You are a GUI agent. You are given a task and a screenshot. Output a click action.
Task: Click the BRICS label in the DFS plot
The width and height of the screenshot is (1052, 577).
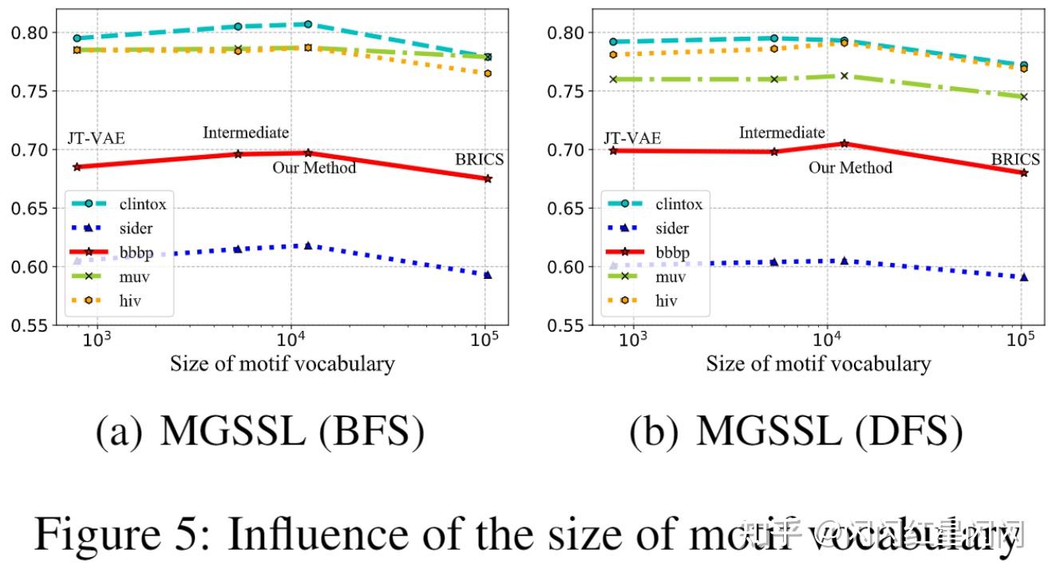coord(1015,159)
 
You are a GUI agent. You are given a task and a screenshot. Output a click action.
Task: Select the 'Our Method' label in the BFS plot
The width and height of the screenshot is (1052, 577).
coord(314,168)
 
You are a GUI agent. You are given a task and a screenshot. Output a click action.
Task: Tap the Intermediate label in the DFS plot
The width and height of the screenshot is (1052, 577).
coord(781,133)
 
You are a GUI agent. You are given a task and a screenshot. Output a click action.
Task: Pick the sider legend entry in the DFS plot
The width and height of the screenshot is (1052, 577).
coord(672,229)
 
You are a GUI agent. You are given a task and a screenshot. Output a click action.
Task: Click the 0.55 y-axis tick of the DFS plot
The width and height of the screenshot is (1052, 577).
coord(569,325)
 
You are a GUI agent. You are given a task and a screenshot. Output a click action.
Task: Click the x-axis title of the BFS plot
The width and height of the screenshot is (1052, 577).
coord(282,364)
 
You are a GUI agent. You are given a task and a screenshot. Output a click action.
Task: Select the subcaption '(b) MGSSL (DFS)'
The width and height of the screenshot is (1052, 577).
coord(795,432)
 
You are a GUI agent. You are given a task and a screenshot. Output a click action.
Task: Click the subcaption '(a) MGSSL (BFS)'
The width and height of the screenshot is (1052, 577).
coord(259,432)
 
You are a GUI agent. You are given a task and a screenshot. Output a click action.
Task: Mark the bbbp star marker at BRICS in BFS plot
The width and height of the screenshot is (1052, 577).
coord(487,178)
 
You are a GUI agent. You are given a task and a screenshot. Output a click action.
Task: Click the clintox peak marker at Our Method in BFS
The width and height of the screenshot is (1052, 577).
coord(308,25)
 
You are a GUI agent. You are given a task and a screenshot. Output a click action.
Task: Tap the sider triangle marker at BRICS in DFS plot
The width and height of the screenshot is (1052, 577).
coord(1024,277)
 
